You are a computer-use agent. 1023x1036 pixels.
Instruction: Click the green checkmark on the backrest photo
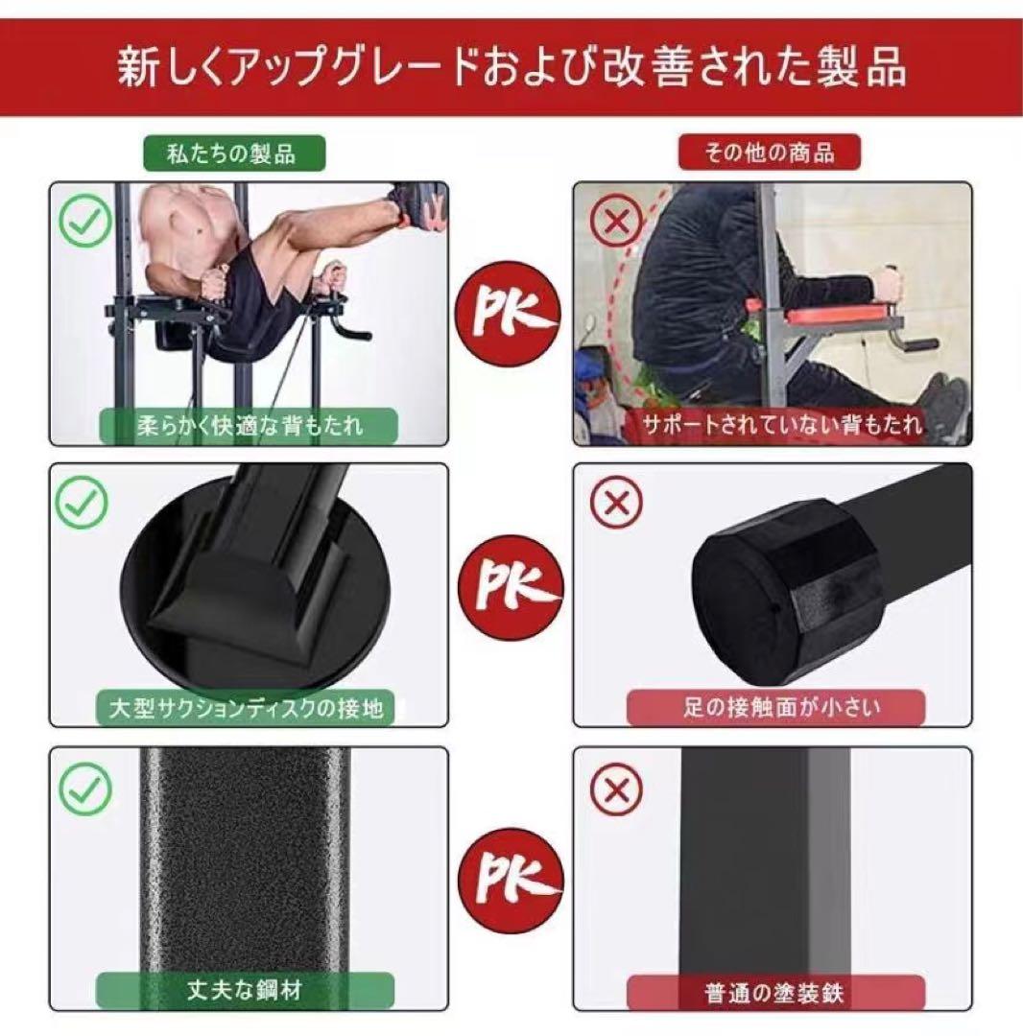pyautogui.click(x=85, y=221)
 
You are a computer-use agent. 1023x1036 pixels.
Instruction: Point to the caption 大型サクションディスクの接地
pyautogui.click(x=247, y=708)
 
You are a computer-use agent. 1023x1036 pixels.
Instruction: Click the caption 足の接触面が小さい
pyautogui.click(x=774, y=708)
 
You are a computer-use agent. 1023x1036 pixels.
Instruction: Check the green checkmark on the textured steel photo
pyautogui.click(x=85, y=789)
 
